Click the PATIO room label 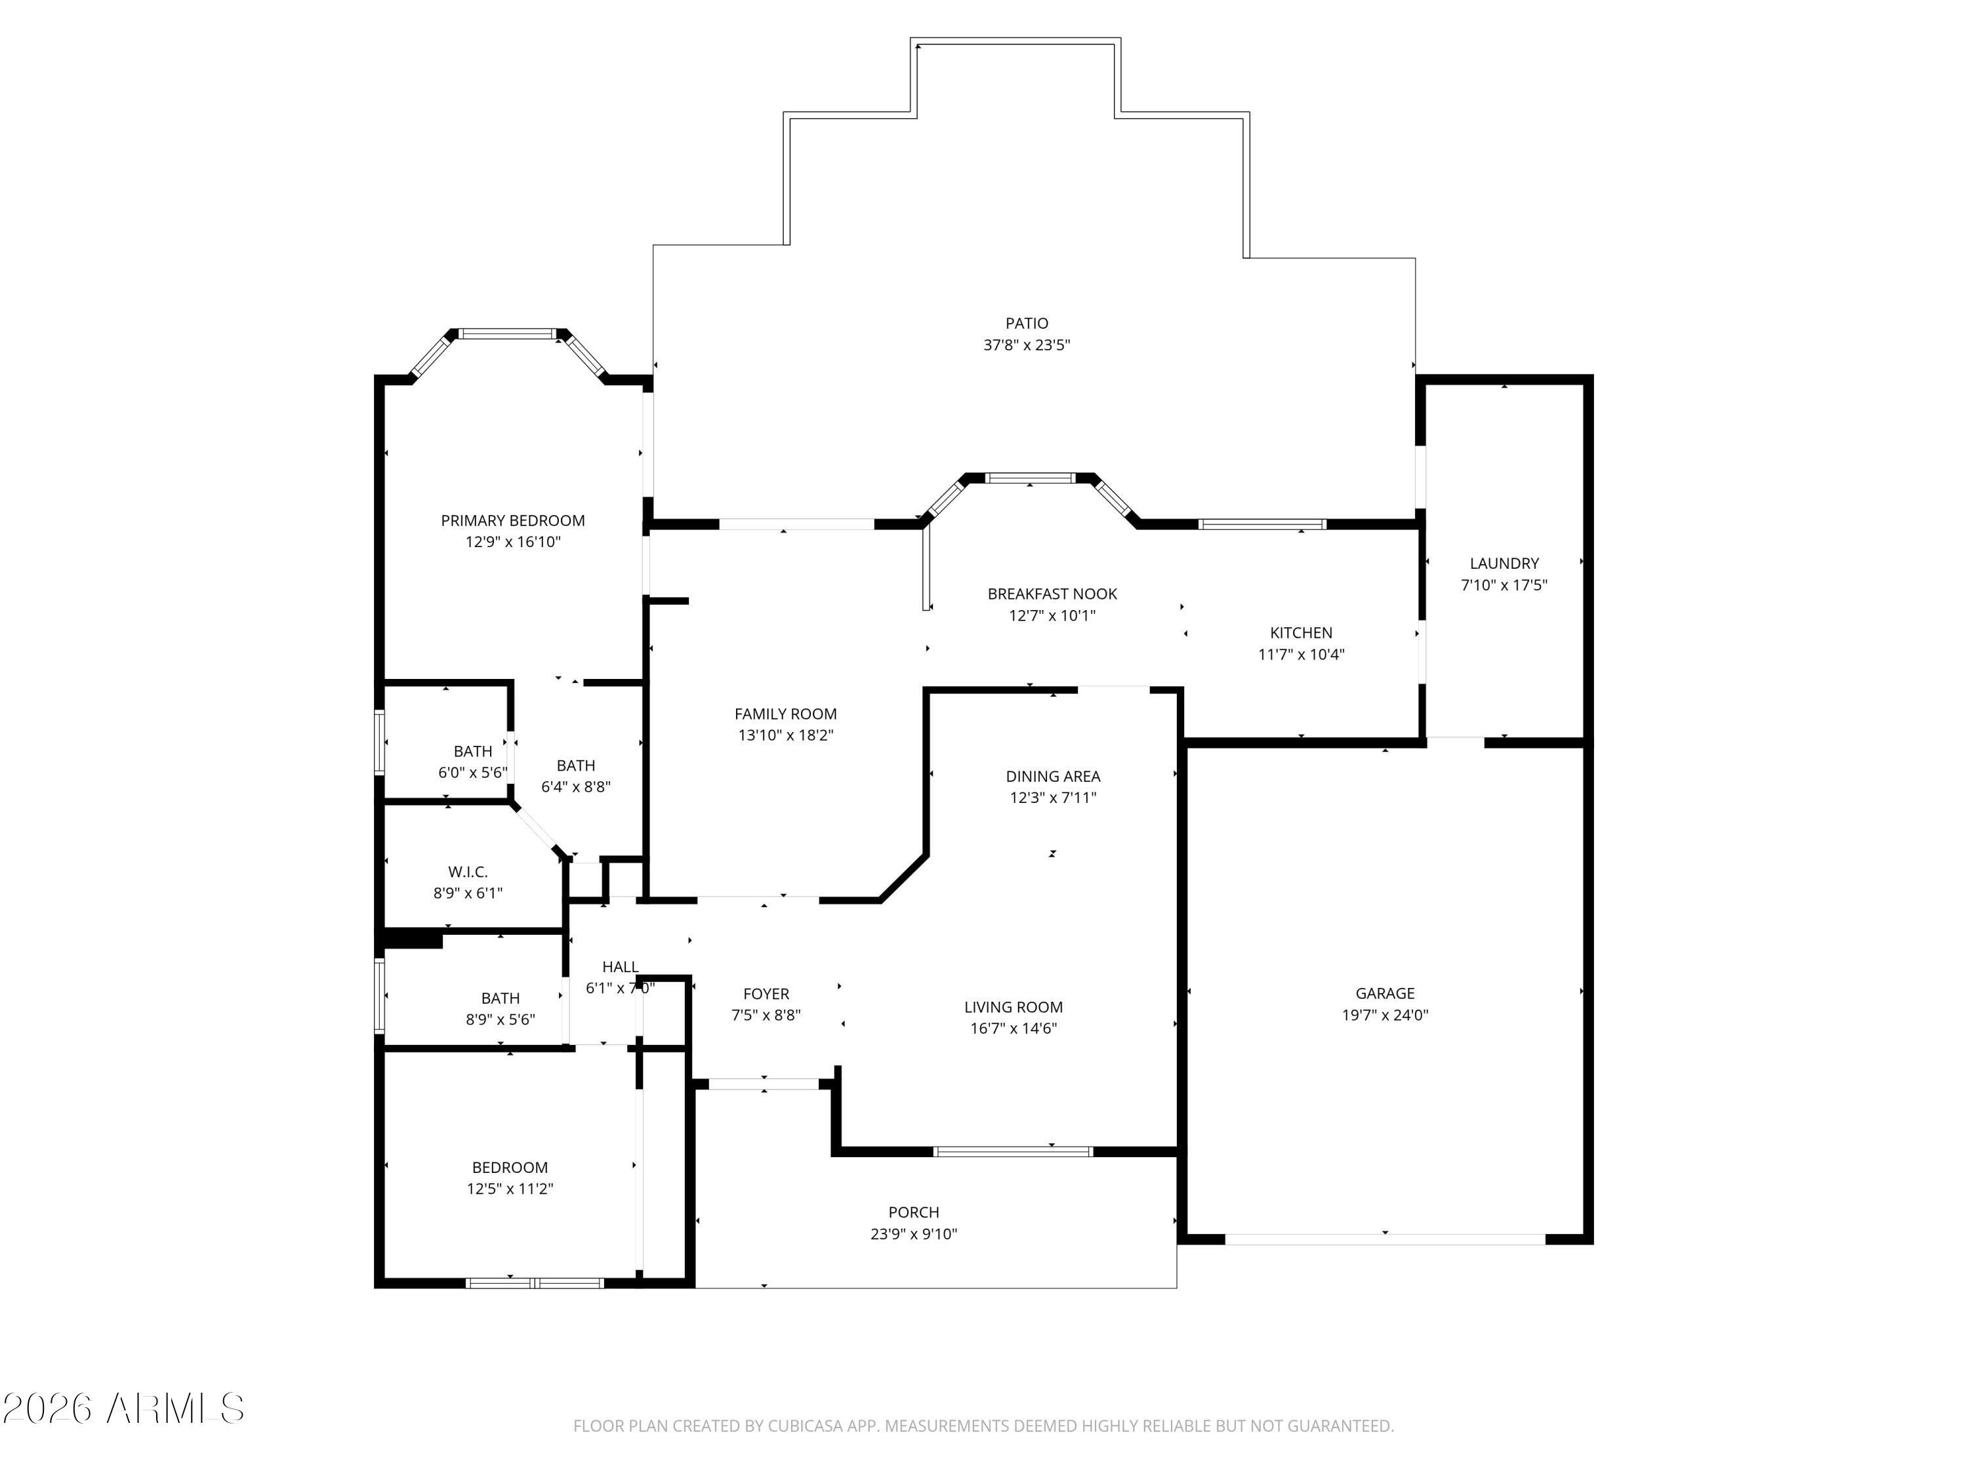1027,323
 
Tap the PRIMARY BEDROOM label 512,520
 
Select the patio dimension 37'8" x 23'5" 1027,345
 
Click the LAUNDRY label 1504,563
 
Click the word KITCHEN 1301,632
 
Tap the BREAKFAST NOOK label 1052,594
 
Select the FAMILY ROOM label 786,714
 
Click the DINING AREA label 1052,776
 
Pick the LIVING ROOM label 1014,1007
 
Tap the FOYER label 766,994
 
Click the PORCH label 914,1212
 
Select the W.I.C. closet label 468,872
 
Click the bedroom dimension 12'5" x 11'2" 510,1189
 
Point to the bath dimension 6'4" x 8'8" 575,787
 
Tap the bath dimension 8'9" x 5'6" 500,1019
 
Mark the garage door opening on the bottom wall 1385,1239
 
